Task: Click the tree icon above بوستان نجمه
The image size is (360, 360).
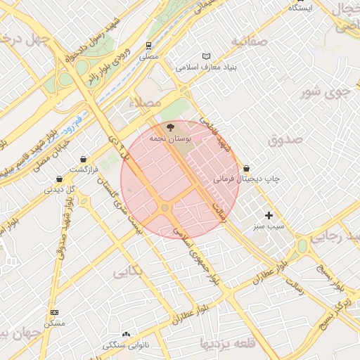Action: pos(169,127)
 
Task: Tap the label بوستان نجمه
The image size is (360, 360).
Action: pos(168,139)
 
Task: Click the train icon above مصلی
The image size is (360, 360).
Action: pos(149,44)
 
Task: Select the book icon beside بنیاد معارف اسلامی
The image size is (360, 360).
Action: pos(206,56)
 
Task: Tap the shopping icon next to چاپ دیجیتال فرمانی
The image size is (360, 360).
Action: pos(247,169)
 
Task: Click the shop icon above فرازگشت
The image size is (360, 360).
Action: pos(84,159)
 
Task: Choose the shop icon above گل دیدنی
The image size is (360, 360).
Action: pos(59,178)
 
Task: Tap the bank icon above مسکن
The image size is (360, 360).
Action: pos(54,312)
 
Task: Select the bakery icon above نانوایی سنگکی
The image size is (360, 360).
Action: pos(126,334)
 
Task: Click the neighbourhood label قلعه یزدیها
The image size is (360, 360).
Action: pos(227,343)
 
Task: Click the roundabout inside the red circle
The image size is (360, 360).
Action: pos(165,208)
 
